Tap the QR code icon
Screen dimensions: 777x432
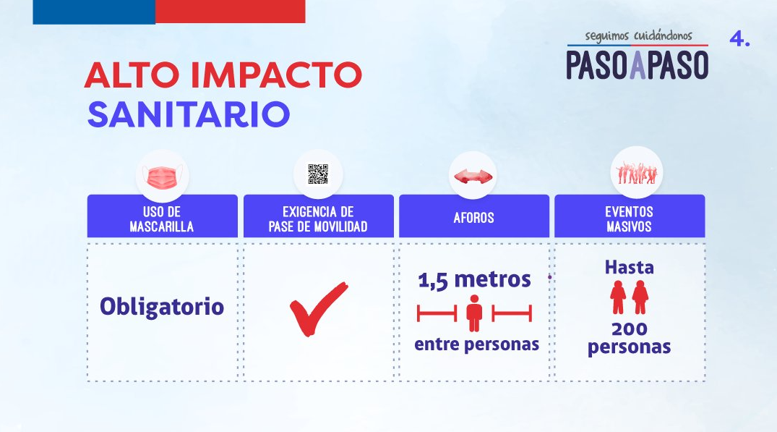coord(317,174)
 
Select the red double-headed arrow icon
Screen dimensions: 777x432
coord(473,176)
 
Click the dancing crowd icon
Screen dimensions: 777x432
coord(637,173)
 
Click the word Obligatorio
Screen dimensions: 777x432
coord(162,307)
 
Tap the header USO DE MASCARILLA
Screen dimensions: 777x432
coord(162,219)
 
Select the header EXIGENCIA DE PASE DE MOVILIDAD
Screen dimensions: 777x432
coord(318,219)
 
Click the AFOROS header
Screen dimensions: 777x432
coord(473,218)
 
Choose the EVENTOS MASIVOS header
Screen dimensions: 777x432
coord(630,219)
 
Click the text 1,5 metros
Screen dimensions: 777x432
coord(474,280)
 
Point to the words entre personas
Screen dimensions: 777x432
coord(477,344)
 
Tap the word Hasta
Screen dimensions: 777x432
coord(630,268)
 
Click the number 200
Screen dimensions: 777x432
coord(630,329)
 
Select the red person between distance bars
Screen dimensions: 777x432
coord(474,313)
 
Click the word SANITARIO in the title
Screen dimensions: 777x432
coord(189,114)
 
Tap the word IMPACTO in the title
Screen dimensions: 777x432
coord(276,75)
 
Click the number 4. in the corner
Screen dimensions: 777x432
coord(739,38)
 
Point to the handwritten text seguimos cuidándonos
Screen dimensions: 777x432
coord(639,35)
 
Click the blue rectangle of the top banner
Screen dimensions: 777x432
coord(94,12)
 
